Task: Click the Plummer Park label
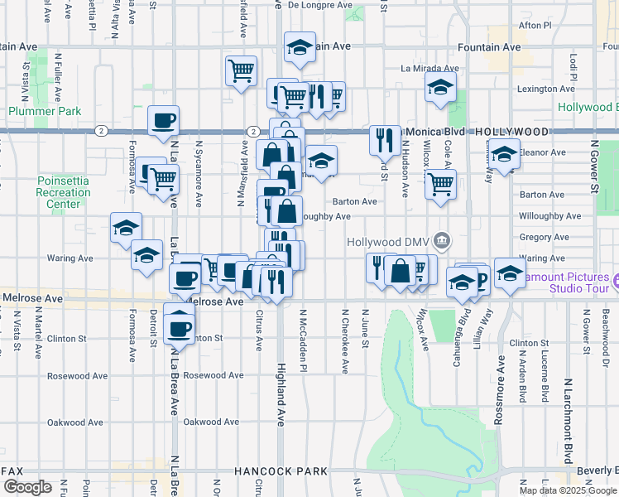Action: point(45,111)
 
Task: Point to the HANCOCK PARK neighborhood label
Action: point(281,471)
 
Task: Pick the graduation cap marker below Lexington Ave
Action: point(441,87)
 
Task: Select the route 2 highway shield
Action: point(100,131)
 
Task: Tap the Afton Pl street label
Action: point(535,26)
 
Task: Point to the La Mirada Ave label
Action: point(429,69)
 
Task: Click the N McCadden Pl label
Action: point(303,345)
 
